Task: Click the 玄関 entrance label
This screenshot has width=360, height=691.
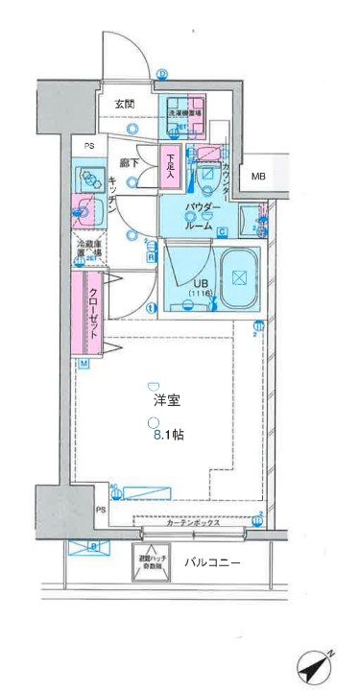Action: (x=125, y=104)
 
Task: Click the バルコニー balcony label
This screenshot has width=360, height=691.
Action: (x=211, y=563)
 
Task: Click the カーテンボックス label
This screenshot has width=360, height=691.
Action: (x=193, y=524)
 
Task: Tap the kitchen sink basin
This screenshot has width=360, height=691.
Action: (x=86, y=210)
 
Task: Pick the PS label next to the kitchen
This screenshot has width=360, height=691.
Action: (x=87, y=147)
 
